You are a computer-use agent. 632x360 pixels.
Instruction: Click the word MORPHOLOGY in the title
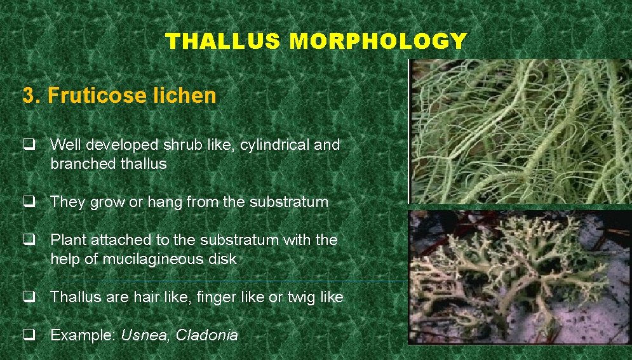coord(378,41)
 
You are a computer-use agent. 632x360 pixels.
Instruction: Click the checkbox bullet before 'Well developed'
coord(29,145)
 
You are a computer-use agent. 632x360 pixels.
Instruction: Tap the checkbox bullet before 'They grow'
coord(29,202)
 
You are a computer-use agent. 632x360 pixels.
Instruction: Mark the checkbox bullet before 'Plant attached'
coord(29,240)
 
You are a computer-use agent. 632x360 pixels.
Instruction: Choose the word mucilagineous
coord(160,259)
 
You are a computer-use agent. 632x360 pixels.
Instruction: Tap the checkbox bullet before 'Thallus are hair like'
coord(29,297)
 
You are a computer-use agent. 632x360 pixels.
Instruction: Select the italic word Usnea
coord(145,335)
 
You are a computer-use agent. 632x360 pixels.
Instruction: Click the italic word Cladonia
coord(206,335)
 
